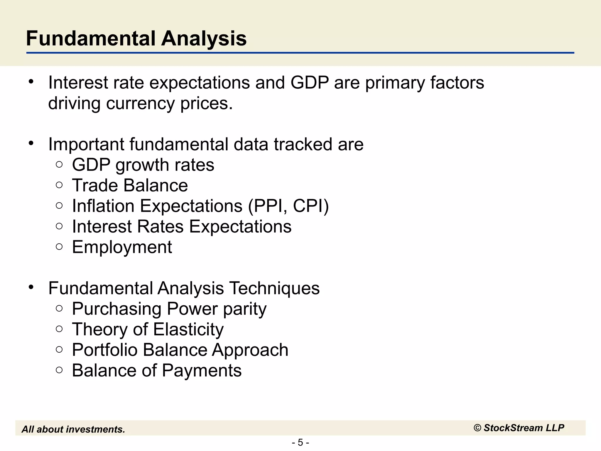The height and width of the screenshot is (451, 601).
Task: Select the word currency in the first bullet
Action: click(140, 103)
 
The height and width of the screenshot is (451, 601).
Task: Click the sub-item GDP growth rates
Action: click(143, 165)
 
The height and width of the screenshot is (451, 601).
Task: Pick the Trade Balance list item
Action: click(130, 186)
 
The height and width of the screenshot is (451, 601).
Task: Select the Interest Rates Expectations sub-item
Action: click(182, 227)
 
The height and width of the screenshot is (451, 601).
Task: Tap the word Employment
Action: click(122, 247)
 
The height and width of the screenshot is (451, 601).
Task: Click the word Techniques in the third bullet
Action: click(274, 288)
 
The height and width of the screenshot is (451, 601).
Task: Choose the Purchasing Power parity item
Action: click(169, 309)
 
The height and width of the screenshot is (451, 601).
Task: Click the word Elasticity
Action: click(188, 329)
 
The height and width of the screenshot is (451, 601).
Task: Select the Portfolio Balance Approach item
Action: click(180, 350)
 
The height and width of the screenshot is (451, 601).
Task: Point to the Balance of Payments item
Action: click(157, 371)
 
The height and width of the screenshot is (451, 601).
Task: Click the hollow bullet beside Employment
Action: click(59, 247)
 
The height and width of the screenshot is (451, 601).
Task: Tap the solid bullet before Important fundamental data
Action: click(31, 143)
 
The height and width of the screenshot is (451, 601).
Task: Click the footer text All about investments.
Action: click(73, 429)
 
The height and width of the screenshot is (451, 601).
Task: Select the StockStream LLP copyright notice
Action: click(519, 428)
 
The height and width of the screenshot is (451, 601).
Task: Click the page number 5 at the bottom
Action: click(300, 442)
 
